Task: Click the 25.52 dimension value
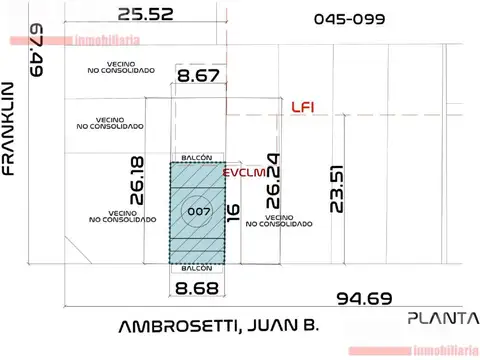[x=145, y=14]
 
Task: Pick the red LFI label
[x=303, y=107]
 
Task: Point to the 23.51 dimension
[x=337, y=187]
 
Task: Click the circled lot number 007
[x=195, y=211]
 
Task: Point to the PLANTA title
[x=442, y=318]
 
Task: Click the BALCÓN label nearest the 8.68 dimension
[x=196, y=268]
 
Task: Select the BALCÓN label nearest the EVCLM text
[x=196, y=159]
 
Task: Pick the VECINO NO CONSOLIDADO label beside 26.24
[x=287, y=220]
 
